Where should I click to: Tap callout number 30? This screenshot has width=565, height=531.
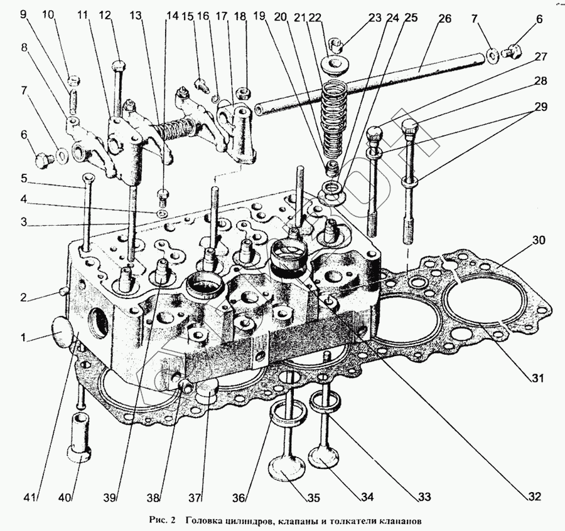point(539,239)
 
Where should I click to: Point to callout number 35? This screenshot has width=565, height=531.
point(312,499)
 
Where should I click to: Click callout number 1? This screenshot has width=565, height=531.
point(23,338)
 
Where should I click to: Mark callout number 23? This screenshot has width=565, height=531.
point(375,19)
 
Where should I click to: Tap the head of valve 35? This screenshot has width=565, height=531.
point(289,470)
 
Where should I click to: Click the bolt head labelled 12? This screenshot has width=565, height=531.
point(119,65)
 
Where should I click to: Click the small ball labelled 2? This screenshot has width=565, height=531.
point(62,290)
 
